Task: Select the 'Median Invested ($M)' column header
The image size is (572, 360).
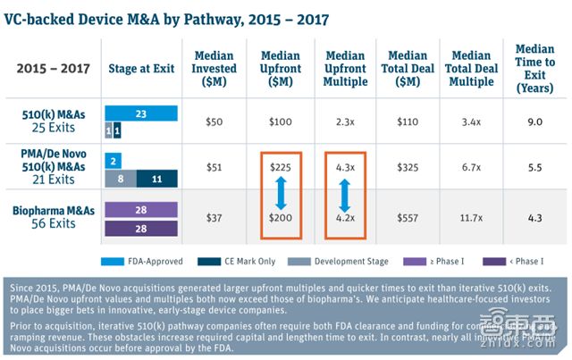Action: (x=214, y=69)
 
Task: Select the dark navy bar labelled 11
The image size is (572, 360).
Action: (x=156, y=178)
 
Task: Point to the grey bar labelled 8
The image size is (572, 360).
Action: (x=120, y=178)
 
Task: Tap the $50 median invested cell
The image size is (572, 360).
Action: (x=214, y=120)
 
